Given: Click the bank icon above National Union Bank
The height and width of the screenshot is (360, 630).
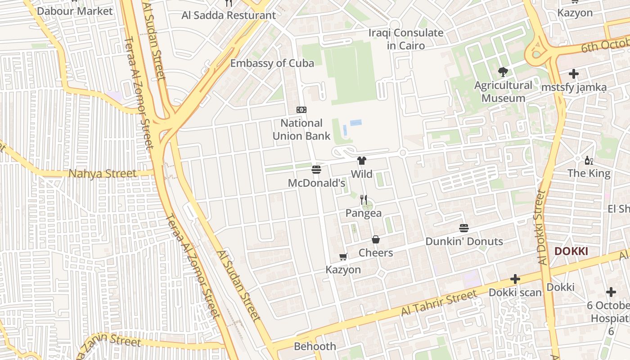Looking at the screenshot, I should point(301,110).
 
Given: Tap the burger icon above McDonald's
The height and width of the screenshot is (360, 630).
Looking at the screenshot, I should point(316,170).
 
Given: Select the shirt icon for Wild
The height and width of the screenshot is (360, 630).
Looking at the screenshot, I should point(362,161).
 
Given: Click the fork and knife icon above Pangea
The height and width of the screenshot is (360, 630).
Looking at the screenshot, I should point(364,200).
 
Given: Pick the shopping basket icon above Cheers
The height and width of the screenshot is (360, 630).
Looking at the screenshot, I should point(376,239).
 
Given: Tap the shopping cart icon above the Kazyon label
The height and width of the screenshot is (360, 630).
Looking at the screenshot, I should point(343,257).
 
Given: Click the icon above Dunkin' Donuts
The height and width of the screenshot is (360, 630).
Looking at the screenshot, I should point(464,228).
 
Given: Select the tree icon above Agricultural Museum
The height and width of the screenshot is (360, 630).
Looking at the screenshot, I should point(503,72).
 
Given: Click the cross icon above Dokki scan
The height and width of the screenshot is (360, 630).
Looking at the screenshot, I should point(515,279).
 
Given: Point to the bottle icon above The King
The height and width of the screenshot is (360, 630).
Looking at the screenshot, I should point(589,160).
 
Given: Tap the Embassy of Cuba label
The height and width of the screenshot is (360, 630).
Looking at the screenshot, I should point(272,63).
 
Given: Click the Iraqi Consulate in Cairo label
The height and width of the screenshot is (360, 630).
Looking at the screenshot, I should point(405,39).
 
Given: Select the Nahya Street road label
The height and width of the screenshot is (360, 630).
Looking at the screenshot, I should point(102,174).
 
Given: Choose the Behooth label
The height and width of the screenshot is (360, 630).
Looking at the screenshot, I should point(315,346).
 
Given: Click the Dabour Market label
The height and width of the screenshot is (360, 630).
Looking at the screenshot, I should point(75,11).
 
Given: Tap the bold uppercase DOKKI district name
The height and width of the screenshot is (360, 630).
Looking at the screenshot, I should point(571,252).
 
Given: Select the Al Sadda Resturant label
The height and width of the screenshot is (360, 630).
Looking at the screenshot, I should point(229,15).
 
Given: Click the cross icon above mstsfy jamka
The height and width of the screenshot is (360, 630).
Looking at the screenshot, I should point(574,74).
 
